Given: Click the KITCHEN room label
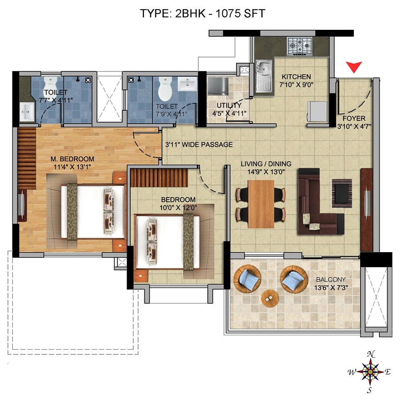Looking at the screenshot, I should click(296, 77).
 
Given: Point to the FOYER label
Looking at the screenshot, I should click(354, 118).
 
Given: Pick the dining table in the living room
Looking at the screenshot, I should click(261, 203).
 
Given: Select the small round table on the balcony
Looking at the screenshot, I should click(269, 298).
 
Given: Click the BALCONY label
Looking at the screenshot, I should click(330, 280).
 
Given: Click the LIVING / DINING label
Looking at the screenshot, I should click(266, 164).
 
